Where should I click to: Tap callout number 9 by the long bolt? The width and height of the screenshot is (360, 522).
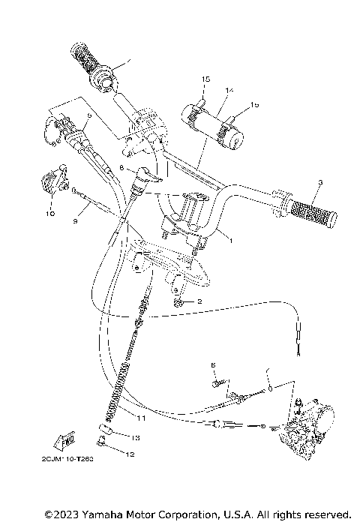pos(76,220)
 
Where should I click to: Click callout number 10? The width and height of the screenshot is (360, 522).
pos(50,213)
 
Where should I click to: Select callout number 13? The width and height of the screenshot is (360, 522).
pos(136,437)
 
